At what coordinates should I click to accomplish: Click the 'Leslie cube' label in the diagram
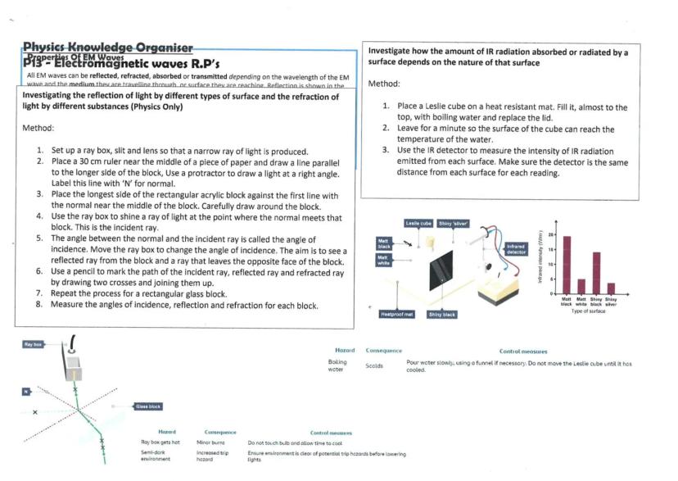click(x=418, y=223)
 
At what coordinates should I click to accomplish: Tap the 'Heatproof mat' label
click(x=397, y=314)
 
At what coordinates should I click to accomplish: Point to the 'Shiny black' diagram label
click(x=442, y=314)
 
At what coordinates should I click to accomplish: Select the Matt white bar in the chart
click(x=581, y=286)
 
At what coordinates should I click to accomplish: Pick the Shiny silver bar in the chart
click(x=611, y=288)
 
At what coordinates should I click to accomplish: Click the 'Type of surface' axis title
click(x=588, y=311)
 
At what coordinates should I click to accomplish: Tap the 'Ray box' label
click(x=33, y=344)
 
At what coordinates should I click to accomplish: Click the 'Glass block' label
click(x=148, y=406)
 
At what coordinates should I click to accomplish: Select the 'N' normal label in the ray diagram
click(x=26, y=392)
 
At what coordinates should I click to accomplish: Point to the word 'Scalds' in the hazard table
click(x=374, y=365)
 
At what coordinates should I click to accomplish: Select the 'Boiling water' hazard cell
click(x=337, y=365)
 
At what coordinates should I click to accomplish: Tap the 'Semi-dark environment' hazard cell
click(x=156, y=456)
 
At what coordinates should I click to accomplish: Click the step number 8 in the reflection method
click(x=39, y=305)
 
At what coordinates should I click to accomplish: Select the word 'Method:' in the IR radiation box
click(x=384, y=84)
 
